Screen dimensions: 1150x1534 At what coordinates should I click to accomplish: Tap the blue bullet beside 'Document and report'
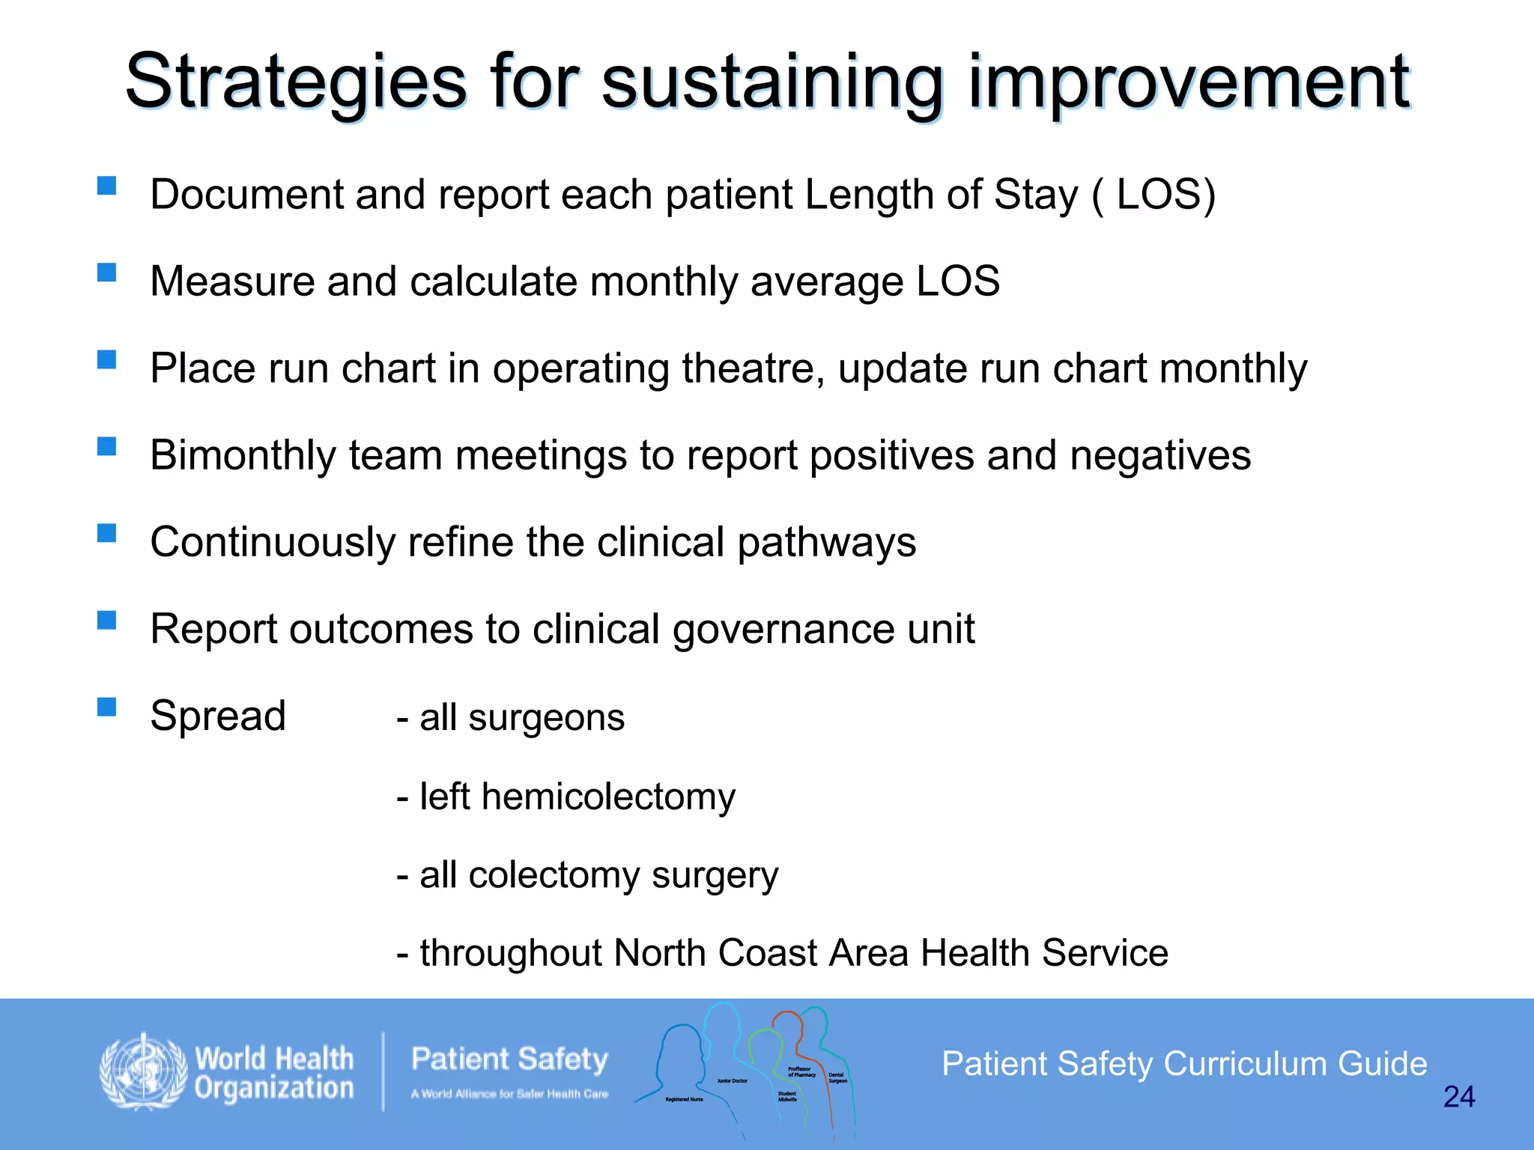106,185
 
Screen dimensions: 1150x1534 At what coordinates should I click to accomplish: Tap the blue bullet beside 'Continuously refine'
106,532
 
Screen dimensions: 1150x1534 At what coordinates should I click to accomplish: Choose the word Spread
218,716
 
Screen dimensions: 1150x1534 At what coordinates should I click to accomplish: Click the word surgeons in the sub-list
546,717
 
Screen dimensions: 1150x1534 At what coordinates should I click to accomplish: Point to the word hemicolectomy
608,796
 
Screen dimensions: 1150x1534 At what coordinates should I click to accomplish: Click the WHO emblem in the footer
144,1071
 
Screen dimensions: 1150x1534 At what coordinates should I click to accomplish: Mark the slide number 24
1458,1097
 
